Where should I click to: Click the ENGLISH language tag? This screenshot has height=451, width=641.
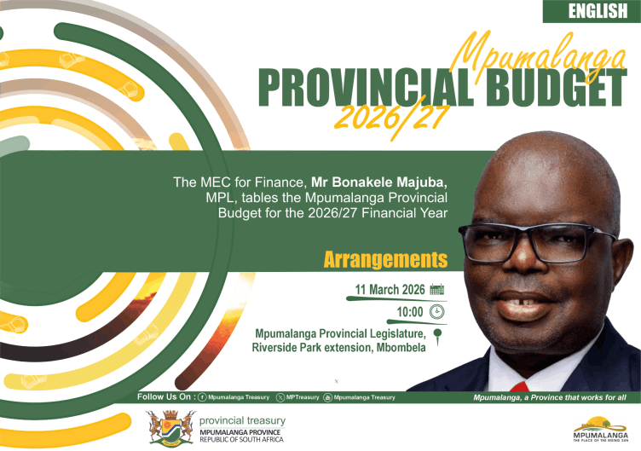[x=592, y=11]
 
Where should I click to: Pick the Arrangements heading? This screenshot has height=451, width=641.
[x=384, y=259]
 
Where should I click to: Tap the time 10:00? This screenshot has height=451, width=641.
[x=409, y=311]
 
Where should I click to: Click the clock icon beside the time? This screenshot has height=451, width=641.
[x=437, y=311]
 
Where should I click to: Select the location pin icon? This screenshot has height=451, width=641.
[x=437, y=335]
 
